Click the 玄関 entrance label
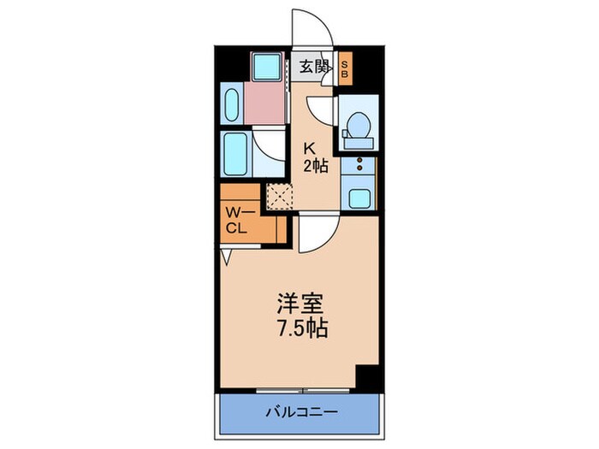[313, 66]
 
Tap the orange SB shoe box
[345, 68]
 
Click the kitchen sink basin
[358, 198]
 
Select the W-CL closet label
[237, 221]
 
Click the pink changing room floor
[267, 103]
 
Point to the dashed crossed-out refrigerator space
[280, 196]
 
